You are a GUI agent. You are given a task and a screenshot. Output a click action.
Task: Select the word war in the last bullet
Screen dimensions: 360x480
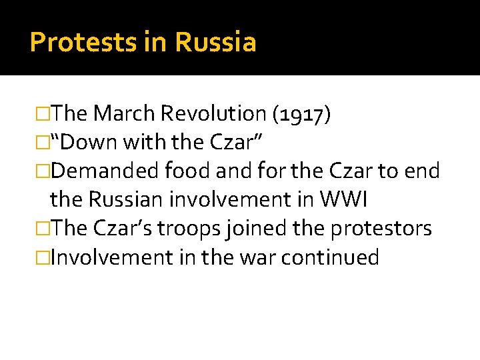point(254,257)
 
